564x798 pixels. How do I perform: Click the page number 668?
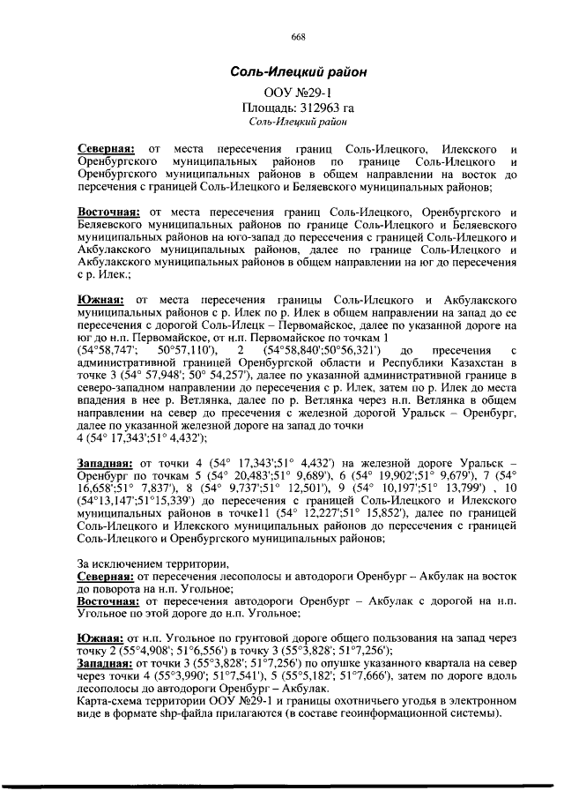(x=298, y=36)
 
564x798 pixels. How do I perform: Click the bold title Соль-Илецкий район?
(x=299, y=71)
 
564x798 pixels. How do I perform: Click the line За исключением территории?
(x=152, y=563)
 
